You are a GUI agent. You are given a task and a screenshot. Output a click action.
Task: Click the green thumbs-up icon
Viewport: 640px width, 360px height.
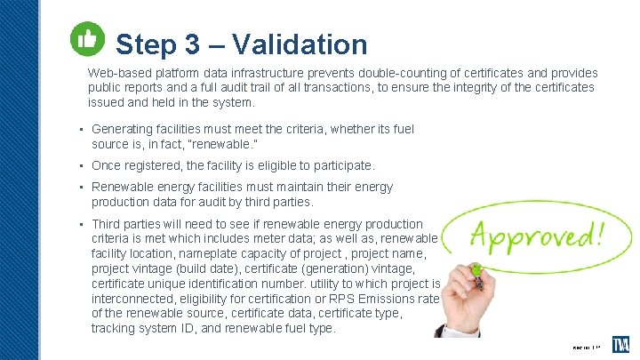pos(85,39)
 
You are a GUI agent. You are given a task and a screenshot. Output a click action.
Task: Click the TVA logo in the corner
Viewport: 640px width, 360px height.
pos(620,345)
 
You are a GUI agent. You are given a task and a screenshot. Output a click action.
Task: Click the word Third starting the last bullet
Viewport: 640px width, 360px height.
pos(108,224)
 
